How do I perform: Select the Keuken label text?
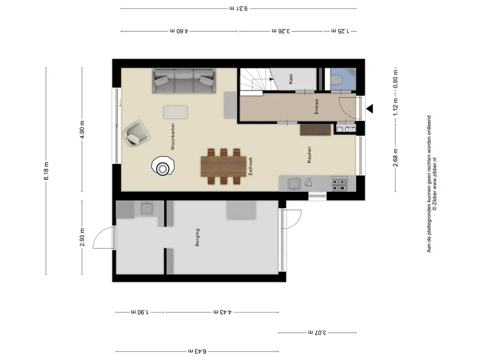309,155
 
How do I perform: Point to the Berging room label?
197,237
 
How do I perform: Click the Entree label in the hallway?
317,106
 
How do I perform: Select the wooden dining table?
224,166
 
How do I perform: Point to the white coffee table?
176,112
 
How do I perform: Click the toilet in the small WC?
337,80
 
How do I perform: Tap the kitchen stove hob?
339,183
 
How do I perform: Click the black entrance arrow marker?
369,109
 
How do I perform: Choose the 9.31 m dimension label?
238,8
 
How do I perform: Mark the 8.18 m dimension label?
46,171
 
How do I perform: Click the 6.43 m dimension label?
197,351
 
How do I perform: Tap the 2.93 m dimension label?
82,238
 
